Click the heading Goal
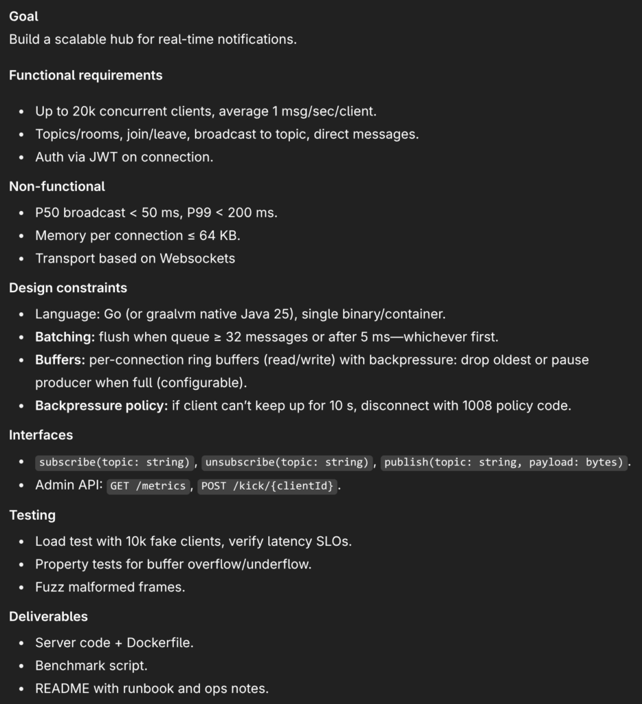24,16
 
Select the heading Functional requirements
85,76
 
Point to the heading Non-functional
57,186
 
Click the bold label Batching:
65,338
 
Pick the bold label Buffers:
60,360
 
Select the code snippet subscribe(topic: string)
114,462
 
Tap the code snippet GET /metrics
148,486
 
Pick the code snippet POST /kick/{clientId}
268,486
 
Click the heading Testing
32,515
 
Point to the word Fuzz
49,587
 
